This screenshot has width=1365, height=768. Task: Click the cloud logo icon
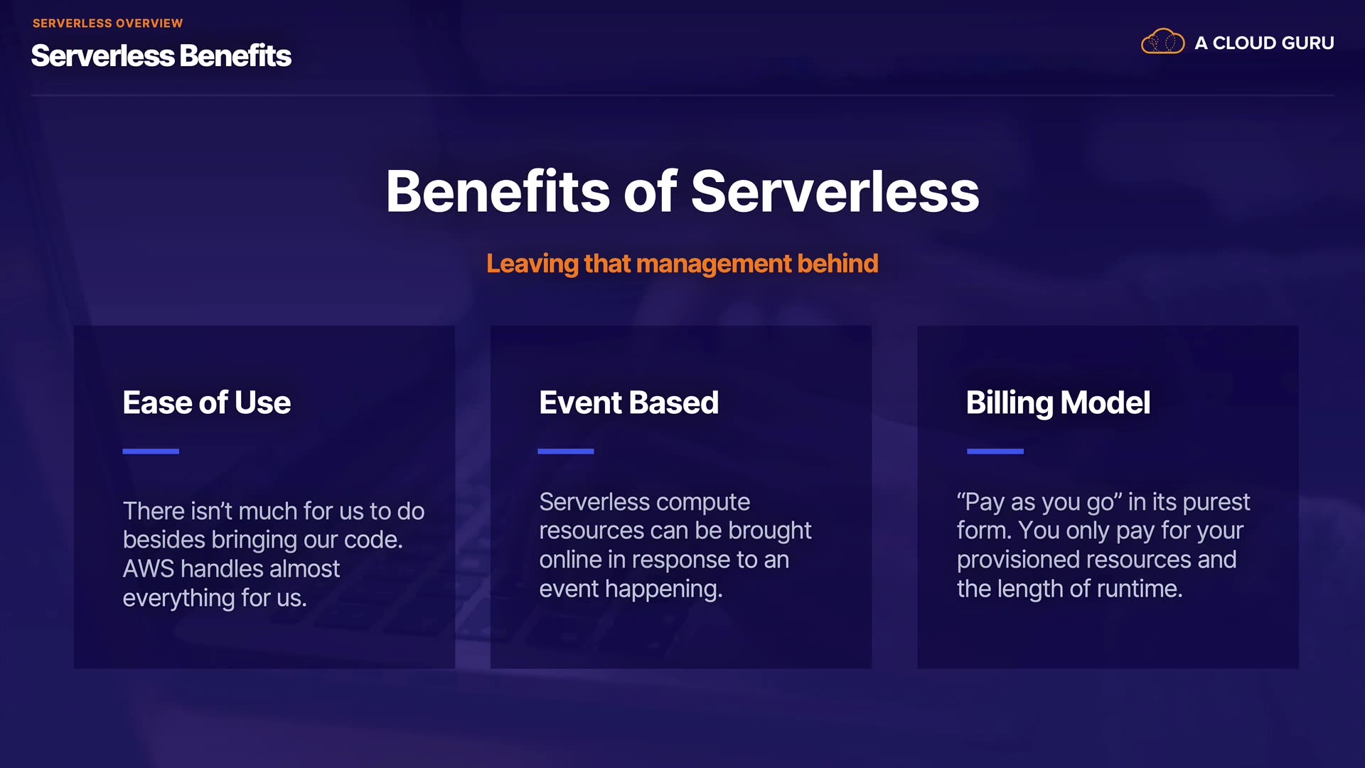pos(1162,42)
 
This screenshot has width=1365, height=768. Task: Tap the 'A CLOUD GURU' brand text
pos(1264,43)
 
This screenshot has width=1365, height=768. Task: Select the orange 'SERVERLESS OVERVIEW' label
pos(108,23)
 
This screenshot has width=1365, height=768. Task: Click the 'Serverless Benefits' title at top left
pos(161,56)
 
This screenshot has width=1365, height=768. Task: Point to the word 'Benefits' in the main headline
pos(498,191)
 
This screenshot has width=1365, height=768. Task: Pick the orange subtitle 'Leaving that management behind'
pos(682,264)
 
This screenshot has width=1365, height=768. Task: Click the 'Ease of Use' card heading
pos(207,402)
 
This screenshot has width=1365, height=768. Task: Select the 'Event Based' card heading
pos(629,402)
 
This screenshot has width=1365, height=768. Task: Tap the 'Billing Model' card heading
pos(1058,403)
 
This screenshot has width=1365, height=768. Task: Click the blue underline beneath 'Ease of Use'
pos(151,452)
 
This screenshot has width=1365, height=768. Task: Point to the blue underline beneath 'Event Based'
pos(566,452)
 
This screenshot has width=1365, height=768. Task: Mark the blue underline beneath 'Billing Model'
pos(995,452)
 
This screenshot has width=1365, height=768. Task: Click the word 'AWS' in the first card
pos(149,569)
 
